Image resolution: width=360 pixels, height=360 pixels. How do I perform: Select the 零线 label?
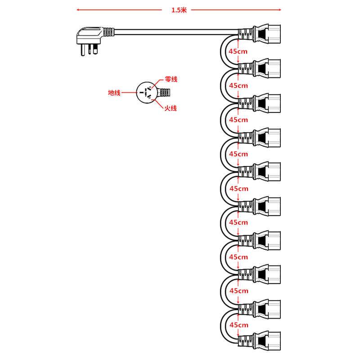point(171,80)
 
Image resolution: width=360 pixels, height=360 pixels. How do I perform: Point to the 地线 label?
point(114,93)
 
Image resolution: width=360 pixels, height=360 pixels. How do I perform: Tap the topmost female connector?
point(261,33)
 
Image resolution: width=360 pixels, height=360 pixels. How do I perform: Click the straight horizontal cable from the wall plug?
point(175,32)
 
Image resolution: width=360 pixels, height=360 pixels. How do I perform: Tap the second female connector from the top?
point(261,67)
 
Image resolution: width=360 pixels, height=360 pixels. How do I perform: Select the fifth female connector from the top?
point(261,170)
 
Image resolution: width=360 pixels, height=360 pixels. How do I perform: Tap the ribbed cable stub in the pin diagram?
point(165,93)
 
